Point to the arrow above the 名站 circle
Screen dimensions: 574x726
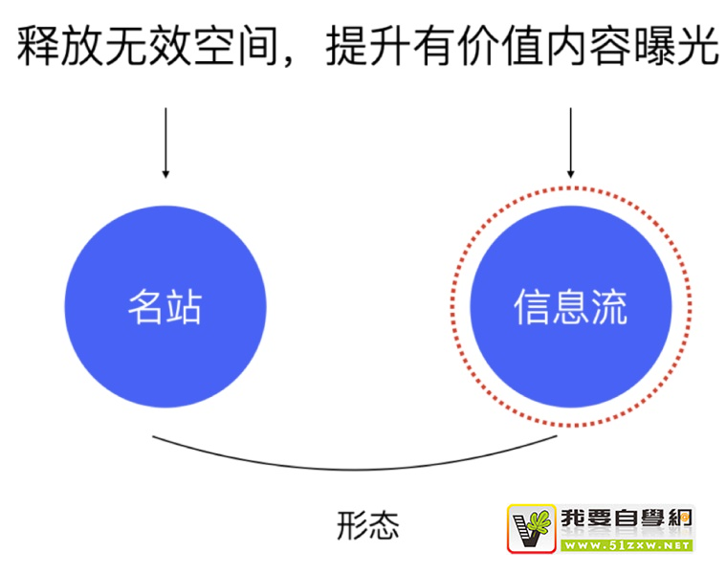point(165,143)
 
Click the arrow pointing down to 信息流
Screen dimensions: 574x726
point(571,143)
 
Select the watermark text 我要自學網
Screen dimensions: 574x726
point(627,519)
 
